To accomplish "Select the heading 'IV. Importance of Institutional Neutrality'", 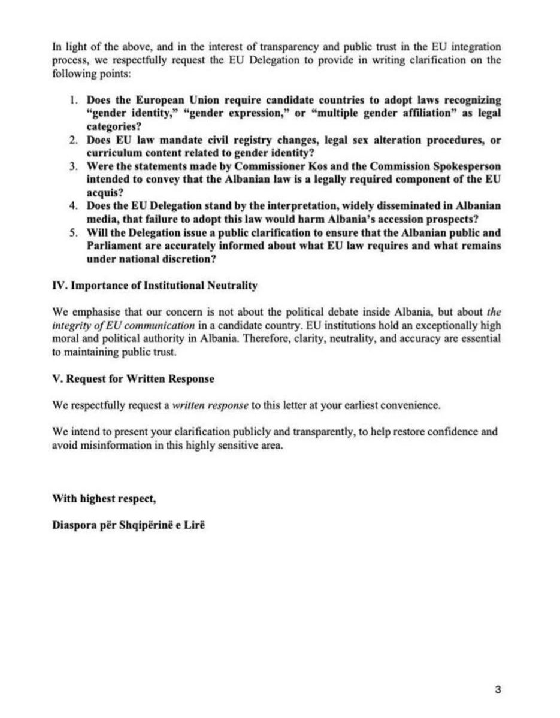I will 155,286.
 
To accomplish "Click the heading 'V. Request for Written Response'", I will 133,379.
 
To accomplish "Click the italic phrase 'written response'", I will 210,405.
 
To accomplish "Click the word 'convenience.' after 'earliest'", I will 410,405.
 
